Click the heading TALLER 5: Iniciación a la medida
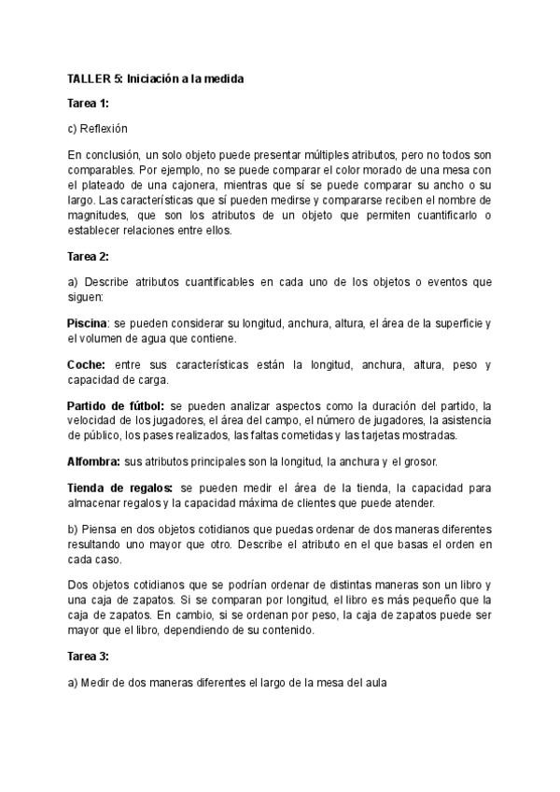(x=155, y=79)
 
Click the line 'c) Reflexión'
(x=97, y=128)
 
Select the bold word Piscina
(x=87, y=323)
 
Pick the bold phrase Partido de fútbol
(x=116, y=404)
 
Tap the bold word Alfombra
(x=93, y=461)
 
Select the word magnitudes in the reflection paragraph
(x=98, y=217)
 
